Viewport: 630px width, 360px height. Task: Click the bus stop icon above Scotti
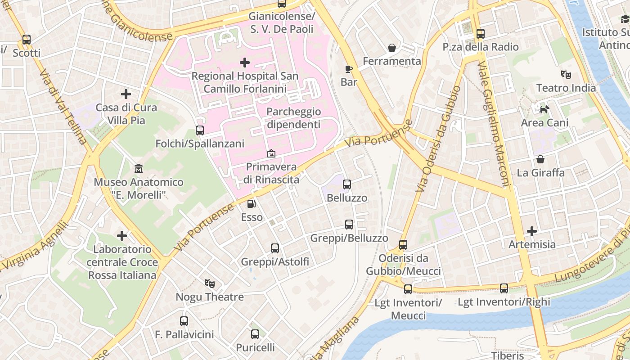pos(27,40)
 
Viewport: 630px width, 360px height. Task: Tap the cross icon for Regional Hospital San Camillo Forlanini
pos(245,62)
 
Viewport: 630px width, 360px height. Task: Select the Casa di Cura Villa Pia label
pos(126,114)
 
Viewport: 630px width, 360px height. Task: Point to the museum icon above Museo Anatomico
pos(139,168)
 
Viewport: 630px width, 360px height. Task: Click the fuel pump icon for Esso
pos(252,204)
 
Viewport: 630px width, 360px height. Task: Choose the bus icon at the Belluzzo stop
pos(346,184)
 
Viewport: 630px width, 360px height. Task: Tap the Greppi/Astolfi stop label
pos(275,261)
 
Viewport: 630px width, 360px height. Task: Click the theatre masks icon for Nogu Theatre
pos(209,283)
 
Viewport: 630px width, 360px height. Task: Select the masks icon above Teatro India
pos(566,74)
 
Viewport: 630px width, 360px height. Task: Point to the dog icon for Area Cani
pos(544,109)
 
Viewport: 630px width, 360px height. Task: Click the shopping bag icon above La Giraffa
pos(540,159)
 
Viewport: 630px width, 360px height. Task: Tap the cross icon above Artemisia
pos(532,231)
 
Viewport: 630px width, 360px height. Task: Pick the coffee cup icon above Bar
pos(349,69)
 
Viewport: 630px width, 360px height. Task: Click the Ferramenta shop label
pos(392,61)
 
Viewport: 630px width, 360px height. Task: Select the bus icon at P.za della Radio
pos(480,33)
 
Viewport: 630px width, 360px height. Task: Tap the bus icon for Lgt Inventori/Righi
pos(504,288)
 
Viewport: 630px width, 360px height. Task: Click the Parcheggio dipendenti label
pos(293,118)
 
